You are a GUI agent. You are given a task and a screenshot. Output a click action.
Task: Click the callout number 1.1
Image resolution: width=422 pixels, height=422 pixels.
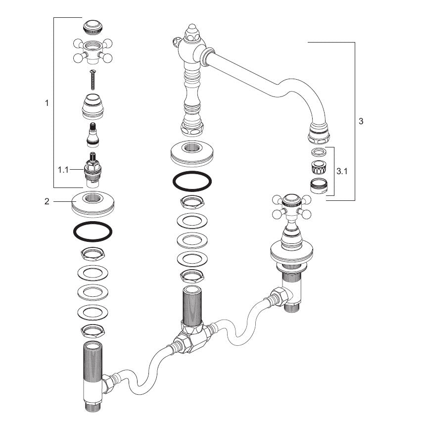pyautogui.click(x=63, y=170)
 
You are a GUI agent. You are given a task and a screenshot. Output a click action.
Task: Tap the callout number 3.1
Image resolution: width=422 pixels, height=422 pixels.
pyautogui.click(x=342, y=171)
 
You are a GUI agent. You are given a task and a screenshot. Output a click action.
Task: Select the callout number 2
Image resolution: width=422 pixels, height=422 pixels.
pyautogui.click(x=47, y=201)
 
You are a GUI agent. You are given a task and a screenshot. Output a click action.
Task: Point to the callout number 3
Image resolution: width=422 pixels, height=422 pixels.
pyautogui.click(x=361, y=121)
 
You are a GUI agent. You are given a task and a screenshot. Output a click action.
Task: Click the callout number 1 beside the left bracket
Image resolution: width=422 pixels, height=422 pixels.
pyautogui.click(x=47, y=103)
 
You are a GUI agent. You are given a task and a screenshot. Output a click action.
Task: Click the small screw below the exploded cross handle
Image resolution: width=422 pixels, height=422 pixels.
pyautogui.click(x=93, y=80)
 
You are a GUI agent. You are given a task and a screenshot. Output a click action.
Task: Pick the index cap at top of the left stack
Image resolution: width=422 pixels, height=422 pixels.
pyautogui.click(x=93, y=27)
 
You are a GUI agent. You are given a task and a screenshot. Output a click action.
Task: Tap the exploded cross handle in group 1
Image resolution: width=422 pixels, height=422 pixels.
pyautogui.click(x=93, y=51)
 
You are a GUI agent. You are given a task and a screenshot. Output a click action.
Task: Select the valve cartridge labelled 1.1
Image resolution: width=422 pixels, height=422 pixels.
pyautogui.click(x=93, y=170)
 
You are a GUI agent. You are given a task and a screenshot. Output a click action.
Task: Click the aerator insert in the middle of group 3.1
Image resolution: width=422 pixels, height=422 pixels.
pyautogui.click(x=319, y=167)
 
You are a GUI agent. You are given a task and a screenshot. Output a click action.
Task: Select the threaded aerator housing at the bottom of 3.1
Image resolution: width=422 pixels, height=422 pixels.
pyautogui.click(x=319, y=186)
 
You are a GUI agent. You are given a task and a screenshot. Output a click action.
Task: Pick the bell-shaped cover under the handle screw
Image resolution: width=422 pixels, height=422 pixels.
pyautogui.click(x=93, y=106)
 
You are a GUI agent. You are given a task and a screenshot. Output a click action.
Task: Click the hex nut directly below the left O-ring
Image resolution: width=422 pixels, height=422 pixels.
pyautogui.click(x=93, y=254)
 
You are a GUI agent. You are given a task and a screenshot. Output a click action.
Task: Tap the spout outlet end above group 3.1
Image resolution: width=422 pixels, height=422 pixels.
pyautogui.click(x=319, y=133)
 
